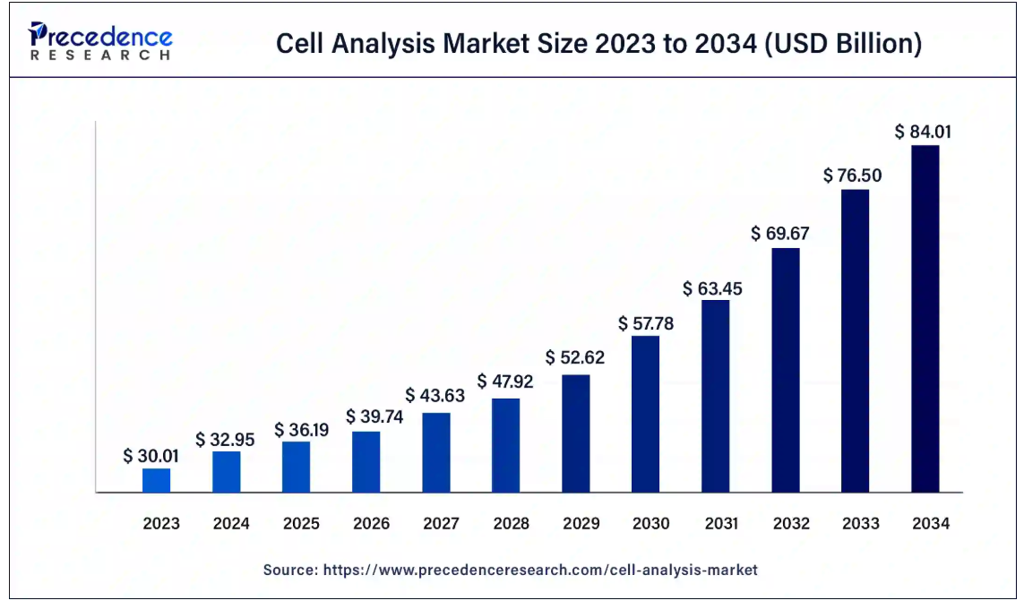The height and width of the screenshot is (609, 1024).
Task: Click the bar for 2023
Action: [x=156, y=480]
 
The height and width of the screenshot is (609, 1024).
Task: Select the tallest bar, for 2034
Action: [x=925, y=319]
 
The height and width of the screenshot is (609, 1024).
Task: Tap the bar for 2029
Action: [x=576, y=433]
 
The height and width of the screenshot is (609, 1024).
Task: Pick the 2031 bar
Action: [x=715, y=396]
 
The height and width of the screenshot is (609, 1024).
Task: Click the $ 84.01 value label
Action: [x=923, y=132]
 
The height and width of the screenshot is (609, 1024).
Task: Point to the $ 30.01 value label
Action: [x=151, y=456]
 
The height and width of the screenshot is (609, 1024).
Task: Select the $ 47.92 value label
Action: [x=505, y=382]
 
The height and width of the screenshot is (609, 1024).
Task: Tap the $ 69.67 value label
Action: [x=785, y=234]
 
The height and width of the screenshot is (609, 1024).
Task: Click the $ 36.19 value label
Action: [x=301, y=429]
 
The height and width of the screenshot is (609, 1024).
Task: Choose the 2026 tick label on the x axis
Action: [x=371, y=524]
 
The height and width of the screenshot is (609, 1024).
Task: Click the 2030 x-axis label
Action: [x=650, y=524]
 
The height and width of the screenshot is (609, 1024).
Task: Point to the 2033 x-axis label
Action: [x=860, y=524]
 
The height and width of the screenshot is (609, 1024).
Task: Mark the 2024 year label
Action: [x=231, y=524]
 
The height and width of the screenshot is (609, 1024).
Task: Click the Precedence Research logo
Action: [x=100, y=41]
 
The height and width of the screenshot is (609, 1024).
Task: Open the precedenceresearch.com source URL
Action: [x=540, y=570]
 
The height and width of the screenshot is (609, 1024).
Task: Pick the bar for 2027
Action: [x=436, y=452]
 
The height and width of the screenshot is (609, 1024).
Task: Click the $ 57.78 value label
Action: [x=645, y=323]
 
